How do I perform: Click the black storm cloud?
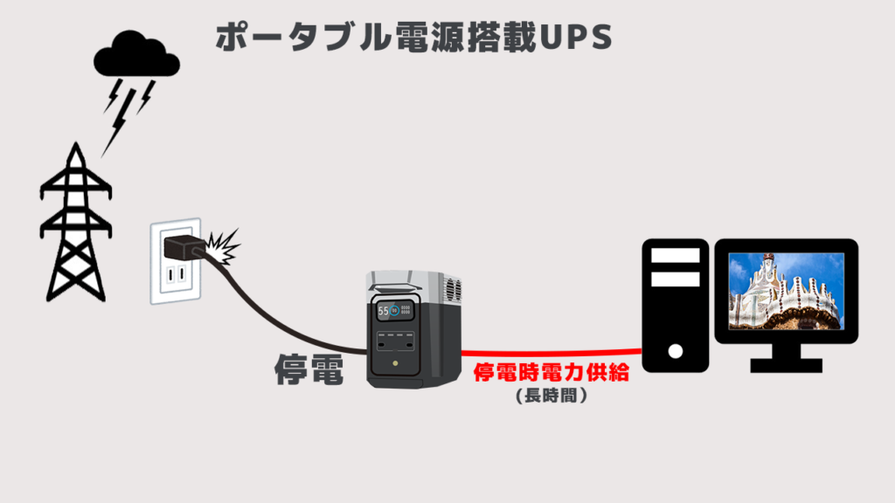[x=136, y=54]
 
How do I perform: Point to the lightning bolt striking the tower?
[x=122, y=109]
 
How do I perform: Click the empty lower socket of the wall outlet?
[x=177, y=277]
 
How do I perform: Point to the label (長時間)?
[x=551, y=396]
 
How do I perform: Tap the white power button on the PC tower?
[x=675, y=353]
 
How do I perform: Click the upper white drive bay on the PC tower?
[x=675, y=256]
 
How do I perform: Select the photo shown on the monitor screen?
[x=786, y=290]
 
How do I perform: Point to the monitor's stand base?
[x=786, y=365]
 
